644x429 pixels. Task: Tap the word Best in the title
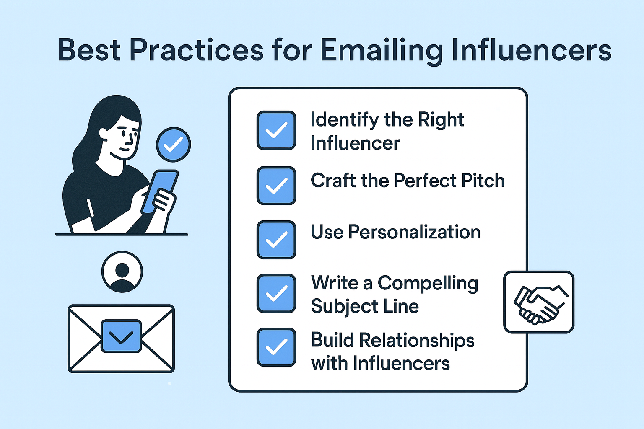pyautogui.click(x=89, y=50)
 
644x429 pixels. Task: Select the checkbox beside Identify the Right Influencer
pyautogui.click(x=276, y=130)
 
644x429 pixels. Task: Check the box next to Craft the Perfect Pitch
pyautogui.click(x=276, y=186)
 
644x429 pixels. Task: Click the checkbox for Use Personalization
pyautogui.click(x=276, y=240)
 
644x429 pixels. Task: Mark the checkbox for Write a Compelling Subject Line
pyautogui.click(x=276, y=293)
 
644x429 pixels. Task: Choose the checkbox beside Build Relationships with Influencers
pyautogui.click(x=276, y=347)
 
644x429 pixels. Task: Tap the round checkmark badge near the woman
pyautogui.click(x=173, y=145)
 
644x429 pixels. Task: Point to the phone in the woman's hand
pyautogui.click(x=160, y=191)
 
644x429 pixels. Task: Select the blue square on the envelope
pyautogui.click(x=121, y=336)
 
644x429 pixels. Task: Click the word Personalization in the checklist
pyautogui.click(x=414, y=232)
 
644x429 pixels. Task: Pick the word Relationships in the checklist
pyautogui.click(x=417, y=341)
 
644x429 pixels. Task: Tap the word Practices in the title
pyautogui.click(x=196, y=50)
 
